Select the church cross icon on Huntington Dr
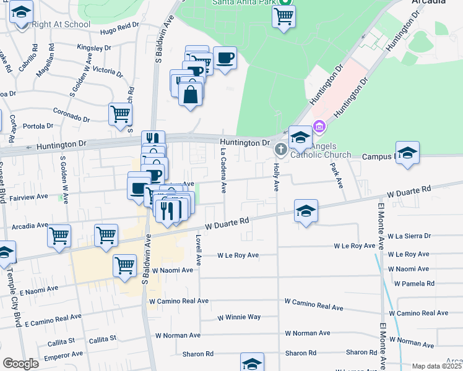click(280, 148)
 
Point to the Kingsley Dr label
click(93, 47)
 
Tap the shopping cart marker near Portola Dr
click(120, 114)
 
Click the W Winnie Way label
click(239, 318)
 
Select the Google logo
click(20, 364)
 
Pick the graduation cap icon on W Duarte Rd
click(306, 211)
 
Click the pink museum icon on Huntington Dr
click(319, 127)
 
